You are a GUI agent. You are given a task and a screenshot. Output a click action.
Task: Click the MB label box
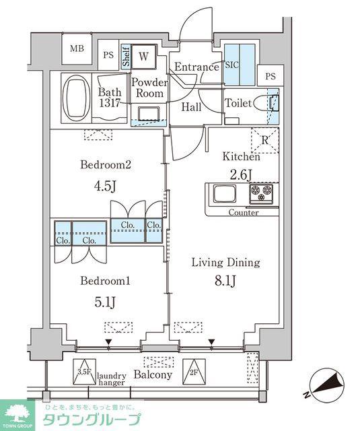[x=77, y=48]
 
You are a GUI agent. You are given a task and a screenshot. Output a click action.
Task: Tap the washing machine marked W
[x=144, y=57]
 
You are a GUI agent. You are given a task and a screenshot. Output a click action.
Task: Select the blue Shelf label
[x=126, y=57]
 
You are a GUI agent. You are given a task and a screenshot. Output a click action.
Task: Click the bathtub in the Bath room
[x=76, y=98]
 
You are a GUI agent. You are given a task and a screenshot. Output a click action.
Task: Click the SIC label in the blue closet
[x=231, y=65]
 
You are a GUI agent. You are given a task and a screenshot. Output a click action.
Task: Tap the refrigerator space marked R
[x=265, y=141]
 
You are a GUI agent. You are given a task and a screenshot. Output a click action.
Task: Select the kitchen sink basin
[x=225, y=193]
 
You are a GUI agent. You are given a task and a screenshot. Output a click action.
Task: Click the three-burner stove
[x=261, y=194]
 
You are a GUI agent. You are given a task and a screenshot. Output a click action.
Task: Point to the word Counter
[x=244, y=213]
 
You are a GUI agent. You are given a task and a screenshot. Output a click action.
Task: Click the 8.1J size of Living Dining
[x=225, y=281]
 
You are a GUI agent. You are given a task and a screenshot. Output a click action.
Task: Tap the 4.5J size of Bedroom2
[x=106, y=186]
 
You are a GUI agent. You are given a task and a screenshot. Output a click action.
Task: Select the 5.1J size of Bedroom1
[x=105, y=302]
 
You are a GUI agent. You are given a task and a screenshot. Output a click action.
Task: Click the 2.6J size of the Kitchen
[x=241, y=174]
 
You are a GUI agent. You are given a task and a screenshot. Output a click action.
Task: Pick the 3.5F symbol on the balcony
[x=84, y=372]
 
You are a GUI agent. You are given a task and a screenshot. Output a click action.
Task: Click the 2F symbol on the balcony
[x=194, y=372]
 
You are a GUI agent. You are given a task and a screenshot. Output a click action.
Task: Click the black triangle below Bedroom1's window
[x=109, y=342]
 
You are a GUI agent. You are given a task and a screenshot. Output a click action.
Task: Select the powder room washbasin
[x=149, y=114]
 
